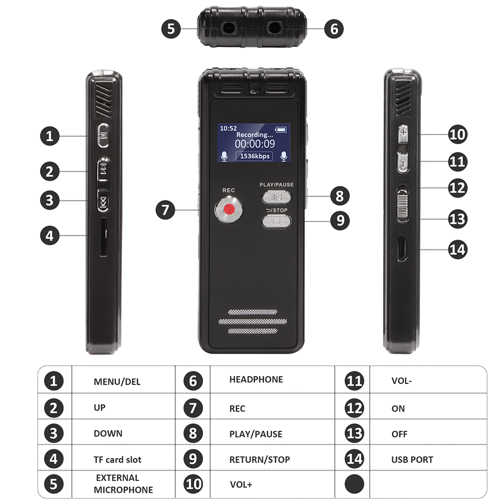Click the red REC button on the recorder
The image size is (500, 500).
[x=228, y=209]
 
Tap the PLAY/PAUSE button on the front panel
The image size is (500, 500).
[x=276, y=197]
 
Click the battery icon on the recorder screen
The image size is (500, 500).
[x=281, y=130]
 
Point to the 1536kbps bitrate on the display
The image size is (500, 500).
[x=254, y=156]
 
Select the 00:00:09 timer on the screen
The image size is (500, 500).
[x=255, y=144]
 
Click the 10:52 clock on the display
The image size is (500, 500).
[x=228, y=128]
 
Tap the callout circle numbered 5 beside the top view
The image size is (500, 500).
[x=171, y=28]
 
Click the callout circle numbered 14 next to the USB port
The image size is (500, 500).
[x=457, y=249]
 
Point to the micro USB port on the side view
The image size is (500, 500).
[x=402, y=248]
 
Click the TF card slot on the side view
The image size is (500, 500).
[x=103, y=237]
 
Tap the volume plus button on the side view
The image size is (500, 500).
[x=403, y=133]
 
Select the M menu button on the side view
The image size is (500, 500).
[x=103, y=135]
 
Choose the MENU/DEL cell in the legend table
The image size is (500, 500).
[x=117, y=381]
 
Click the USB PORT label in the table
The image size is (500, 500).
[x=412, y=459]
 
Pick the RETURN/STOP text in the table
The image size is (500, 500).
[x=259, y=459]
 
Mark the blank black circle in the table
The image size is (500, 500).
[x=354, y=484]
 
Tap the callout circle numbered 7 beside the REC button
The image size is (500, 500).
[x=165, y=210]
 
